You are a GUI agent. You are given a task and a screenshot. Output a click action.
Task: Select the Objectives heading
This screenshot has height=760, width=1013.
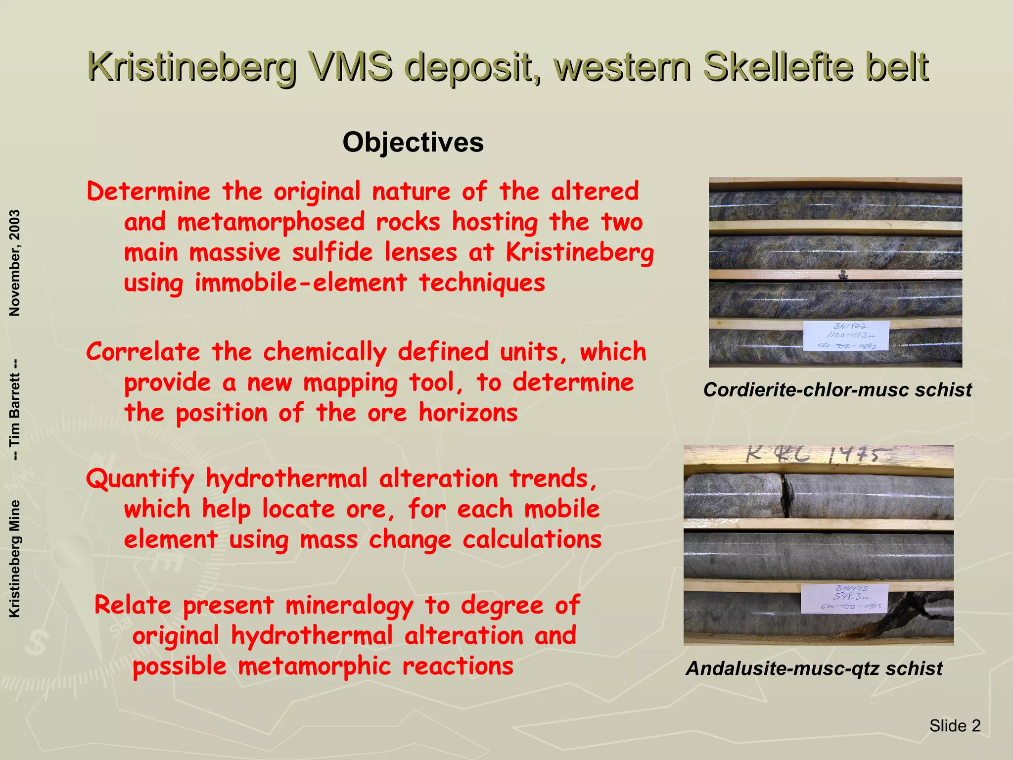[x=413, y=142]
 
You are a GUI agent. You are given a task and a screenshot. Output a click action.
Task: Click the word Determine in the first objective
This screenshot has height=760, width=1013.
[x=148, y=191]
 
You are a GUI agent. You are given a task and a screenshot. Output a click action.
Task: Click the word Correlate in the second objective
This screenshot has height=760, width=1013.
[x=143, y=352]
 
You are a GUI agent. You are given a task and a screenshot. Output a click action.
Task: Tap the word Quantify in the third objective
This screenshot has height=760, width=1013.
[x=140, y=479]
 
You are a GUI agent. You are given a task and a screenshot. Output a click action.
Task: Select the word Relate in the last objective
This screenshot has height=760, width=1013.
[x=133, y=606]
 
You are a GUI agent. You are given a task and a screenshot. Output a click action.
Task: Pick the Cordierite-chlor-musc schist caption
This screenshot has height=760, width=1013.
[x=837, y=390]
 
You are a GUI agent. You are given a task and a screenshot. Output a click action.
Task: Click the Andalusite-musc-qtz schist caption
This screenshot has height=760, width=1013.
[x=814, y=668]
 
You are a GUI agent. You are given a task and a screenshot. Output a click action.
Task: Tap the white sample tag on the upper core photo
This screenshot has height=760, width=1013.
[x=846, y=335]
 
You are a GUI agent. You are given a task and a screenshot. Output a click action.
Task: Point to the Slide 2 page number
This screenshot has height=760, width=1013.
[x=955, y=726]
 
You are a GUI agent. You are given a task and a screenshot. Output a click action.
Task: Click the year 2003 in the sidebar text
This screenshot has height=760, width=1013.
[x=15, y=228]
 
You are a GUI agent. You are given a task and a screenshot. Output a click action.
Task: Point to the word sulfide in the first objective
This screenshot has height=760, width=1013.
[x=332, y=253]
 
